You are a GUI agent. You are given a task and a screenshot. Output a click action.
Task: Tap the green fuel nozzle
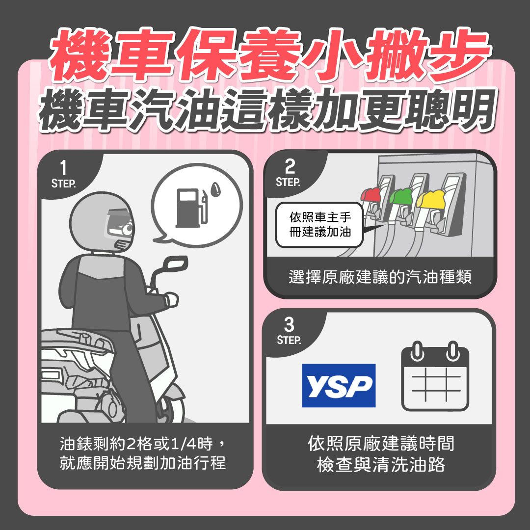point(401,197)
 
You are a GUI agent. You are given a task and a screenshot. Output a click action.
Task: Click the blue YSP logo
point(339,386)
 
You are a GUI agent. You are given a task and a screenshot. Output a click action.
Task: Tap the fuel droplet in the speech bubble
point(215,189)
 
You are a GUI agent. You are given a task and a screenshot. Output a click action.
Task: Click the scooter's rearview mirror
point(176,265)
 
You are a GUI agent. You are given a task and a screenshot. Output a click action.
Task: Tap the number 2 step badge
point(290,172)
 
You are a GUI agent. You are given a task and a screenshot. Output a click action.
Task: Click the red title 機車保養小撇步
point(265,56)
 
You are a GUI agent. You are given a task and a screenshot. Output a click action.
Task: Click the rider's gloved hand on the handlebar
point(171,299)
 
